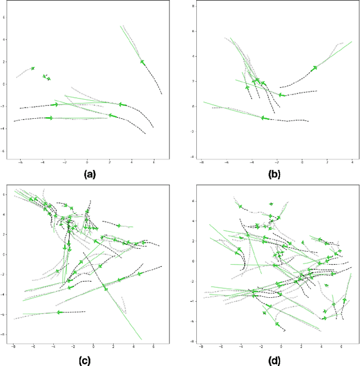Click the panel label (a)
point(89,175)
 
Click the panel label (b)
point(274,175)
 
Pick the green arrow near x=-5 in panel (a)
point(33,68)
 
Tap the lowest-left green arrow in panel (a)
point(49,118)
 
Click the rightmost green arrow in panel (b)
point(314,68)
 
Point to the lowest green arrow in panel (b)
point(263,118)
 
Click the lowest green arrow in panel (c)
point(58,312)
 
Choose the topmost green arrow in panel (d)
point(271,204)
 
